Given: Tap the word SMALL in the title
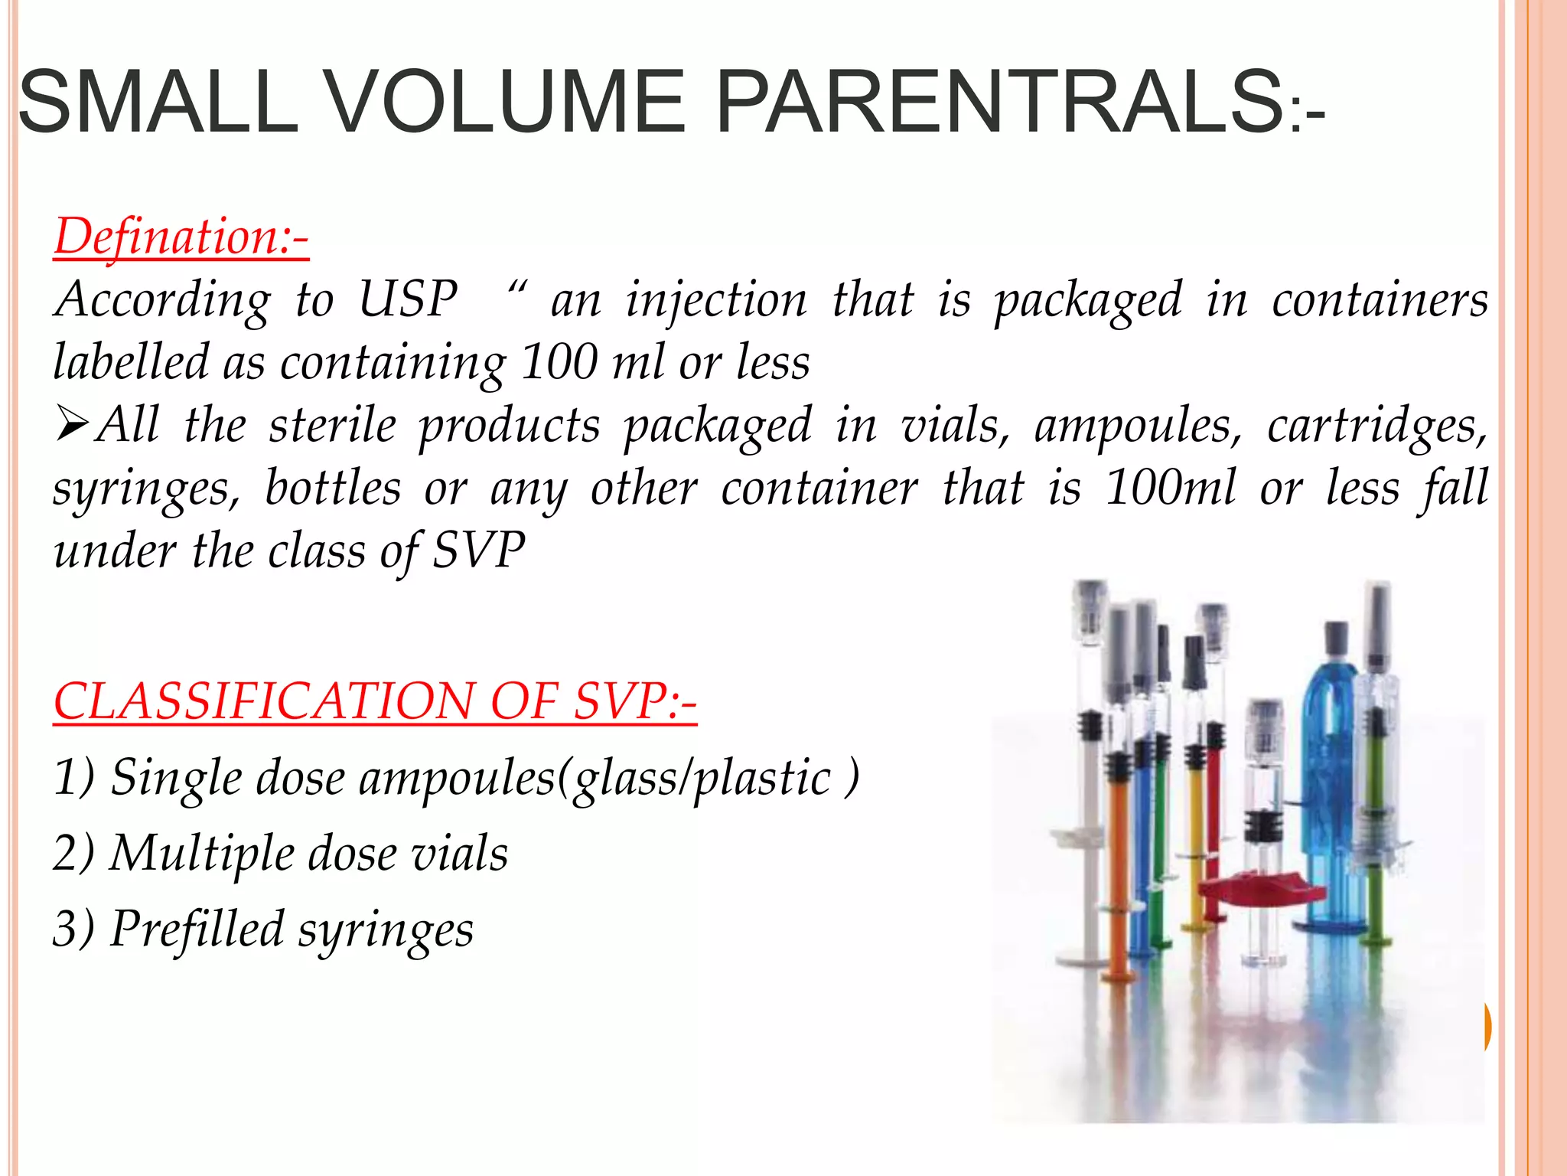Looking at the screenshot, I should click(x=157, y=101).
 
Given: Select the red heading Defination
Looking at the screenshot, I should click(x=181, y=237).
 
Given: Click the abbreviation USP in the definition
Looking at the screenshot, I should click(x=408, y=299).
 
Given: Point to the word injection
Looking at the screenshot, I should click(x=716, y=300).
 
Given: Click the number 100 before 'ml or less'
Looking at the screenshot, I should click(x=559, y=361).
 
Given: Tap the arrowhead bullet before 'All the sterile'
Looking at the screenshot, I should click(x=73, y=426).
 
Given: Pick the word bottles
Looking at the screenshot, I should click(x=333, y=488).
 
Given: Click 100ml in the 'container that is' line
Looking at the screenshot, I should click(x=1171, y=488).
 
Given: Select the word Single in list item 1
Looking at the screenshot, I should click(x=176, y=778).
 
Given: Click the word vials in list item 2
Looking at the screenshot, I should click(x=459, y=853).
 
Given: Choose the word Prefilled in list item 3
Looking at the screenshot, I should click(x=197, y=929).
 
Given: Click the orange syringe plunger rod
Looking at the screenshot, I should click(x=1118, y=865).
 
